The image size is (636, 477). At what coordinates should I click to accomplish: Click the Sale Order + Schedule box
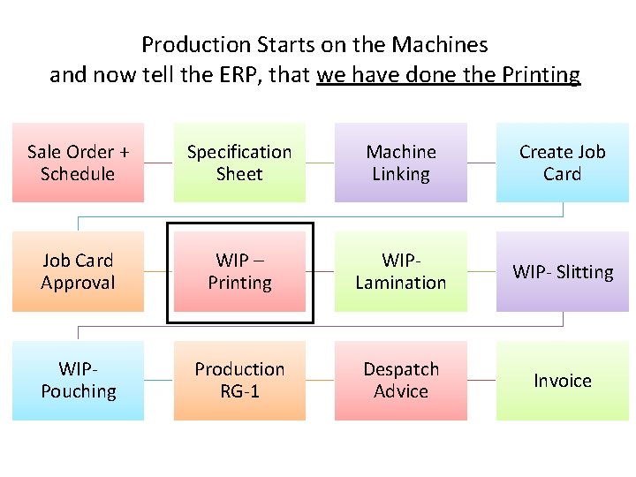[x=78, y=163]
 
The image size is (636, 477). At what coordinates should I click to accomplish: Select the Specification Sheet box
[x=239, y=163]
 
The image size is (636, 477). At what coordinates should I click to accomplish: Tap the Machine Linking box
[x=400, y=163]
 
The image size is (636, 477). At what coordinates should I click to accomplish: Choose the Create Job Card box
[x=562, y=163]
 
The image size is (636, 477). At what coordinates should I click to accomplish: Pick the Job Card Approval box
[x=78, y=271]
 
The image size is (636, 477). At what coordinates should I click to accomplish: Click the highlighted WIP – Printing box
[x=239, y=271]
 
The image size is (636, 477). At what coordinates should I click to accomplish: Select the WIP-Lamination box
[x=400, y=271]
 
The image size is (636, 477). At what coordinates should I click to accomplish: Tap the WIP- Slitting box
[x=562, y=272]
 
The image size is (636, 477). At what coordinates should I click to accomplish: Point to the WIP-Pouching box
[x=78, y=380]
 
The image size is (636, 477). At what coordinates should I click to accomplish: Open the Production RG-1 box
[x=239, y=380]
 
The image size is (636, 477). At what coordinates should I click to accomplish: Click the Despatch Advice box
[x=400, y=380]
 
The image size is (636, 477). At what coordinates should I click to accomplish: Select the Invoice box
[x=562, y=381]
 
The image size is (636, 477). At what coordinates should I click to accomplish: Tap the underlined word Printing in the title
[x=541, y=75]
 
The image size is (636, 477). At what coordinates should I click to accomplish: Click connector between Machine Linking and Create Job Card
[x=481, y=163]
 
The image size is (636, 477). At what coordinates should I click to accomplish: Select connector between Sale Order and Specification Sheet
[x=158, y=163]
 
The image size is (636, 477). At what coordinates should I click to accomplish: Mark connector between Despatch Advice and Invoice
[x=481, y=380]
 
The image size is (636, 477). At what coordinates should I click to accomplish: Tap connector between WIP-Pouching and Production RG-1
[x=158, y=380]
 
